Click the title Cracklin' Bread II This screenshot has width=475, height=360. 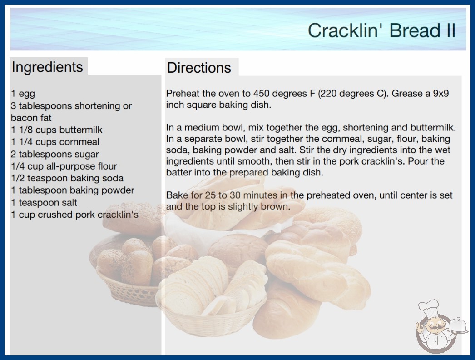tap(382, 30)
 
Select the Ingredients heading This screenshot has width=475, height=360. tap(47, 67)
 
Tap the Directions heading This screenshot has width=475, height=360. tap(199, 68)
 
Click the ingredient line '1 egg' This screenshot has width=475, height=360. tap(23, 94)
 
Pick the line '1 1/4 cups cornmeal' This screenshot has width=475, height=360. tap(55, 142)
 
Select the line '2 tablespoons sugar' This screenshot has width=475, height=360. tap(55, 154)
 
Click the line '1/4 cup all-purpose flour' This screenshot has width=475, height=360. tap(64, 166)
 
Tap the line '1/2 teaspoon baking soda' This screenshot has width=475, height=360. tap(67, 178)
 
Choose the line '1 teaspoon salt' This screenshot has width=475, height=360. tap(44, 203)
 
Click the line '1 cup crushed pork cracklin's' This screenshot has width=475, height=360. tap(74, 215)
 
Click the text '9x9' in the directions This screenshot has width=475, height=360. tap(441, 94)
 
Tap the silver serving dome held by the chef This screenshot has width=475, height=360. tap(457, 325)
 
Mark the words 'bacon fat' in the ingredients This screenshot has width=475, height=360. tap(31, 118)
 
